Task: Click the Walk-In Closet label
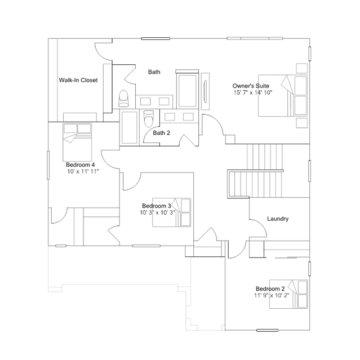pos(78,80)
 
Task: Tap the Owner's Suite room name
pos(251,86)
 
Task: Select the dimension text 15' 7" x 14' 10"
pos(253,92)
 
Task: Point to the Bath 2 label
pos(161,133)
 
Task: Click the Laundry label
pos(278,219)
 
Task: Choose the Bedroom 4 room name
pos(80,165)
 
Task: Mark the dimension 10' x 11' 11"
pos(83,171)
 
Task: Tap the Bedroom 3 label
pos(157,206)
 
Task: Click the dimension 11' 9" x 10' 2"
pos(272,295)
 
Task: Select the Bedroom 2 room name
pos(270,288)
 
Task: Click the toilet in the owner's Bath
pos(123,98)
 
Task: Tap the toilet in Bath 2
pos(149,118)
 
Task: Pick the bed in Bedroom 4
pos(77,142)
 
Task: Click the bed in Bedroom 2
pos(288,294)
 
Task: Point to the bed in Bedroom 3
pos(171,212)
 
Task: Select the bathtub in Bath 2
pos(129,127)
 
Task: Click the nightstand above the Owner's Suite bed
pos(301,68)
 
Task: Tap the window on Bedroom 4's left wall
pos(48,165)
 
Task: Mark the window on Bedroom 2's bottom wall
pos(267,330)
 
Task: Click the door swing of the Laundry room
pos(258,228)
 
